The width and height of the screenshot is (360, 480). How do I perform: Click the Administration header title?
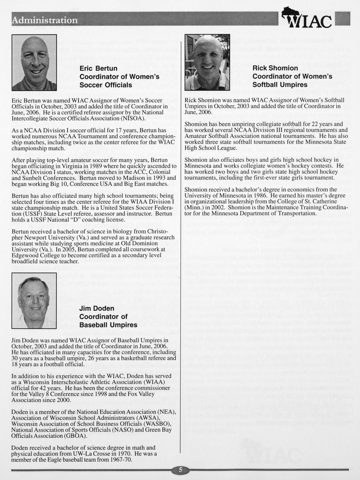[x=45, y=20]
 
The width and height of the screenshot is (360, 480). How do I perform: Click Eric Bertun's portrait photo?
[x=34, y=63]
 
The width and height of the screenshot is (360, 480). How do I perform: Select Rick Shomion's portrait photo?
[x=207, y=63]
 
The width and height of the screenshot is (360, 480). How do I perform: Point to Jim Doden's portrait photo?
[x=34, y=301]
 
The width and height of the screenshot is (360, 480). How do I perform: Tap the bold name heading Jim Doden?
[x=97, y=309]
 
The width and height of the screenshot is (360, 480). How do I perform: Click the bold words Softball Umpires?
[x=280, y=85]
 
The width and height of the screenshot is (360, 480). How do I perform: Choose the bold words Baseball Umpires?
[x=108, y=325]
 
